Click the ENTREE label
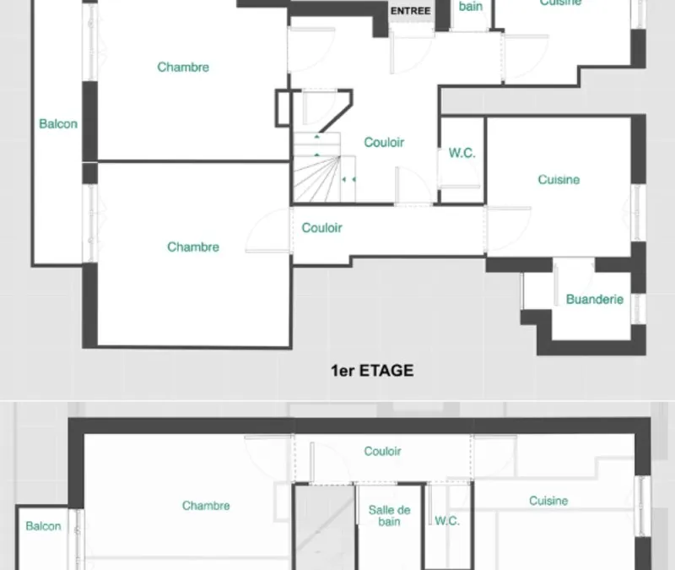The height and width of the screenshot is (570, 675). click(410, 11)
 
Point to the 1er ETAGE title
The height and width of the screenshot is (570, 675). click(372, 371)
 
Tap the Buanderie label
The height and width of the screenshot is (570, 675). click(595, 299)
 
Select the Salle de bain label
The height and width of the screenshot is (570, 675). click(389, 516)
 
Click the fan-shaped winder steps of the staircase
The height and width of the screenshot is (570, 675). click(318, 178)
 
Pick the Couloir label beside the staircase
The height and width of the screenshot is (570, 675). click(384, 142)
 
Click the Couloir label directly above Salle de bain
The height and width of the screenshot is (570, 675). click(383, 451)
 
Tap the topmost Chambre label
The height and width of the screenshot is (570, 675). click(183, 67)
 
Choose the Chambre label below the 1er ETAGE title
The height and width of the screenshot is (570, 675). click(206, 505)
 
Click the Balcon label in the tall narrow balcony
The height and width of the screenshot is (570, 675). click(58, 123)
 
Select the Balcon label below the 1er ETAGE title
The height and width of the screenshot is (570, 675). click(43, 526)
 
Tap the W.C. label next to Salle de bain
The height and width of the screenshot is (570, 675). click(447, 521)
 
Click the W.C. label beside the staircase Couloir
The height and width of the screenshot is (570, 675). click(462, 153)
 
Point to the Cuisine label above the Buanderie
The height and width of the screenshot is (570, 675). click(559, 179)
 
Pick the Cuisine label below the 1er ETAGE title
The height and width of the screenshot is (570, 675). click(548, 501)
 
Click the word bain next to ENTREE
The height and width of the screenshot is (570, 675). click(471, 6)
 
